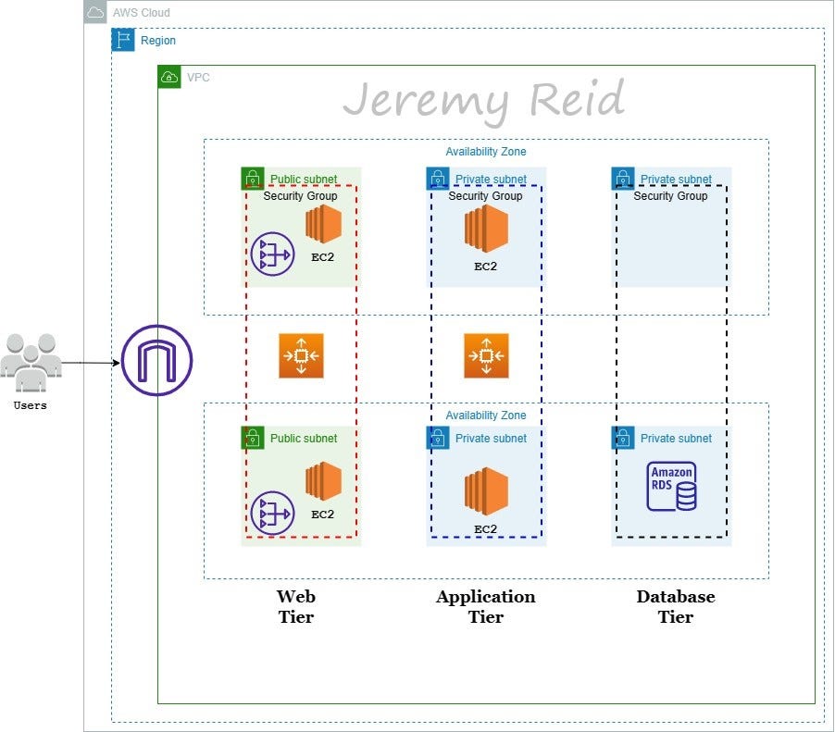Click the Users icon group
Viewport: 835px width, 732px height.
click(31, 357)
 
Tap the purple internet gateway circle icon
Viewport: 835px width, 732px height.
click(156, 361)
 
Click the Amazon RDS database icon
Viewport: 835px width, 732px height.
click(672, 487)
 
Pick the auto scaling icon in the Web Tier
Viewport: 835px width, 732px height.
click(301, 356)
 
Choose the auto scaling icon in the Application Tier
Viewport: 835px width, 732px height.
click(486, 356)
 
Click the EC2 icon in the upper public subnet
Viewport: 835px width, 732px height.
click(323, 225)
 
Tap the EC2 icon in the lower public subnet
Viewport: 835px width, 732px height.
click(323, 482)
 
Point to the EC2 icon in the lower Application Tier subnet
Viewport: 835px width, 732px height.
click(486, 491)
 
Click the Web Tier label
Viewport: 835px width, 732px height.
click(296, 607)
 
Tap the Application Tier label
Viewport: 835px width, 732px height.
click(486, 607)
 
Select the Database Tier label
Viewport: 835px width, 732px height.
click(676, 607)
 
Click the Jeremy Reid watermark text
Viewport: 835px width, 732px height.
click(483, 100)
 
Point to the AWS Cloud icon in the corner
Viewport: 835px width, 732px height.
click(95, 13)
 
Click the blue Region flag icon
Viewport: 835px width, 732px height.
click(123, 40)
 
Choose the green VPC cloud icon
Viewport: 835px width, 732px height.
click(169, 77)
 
